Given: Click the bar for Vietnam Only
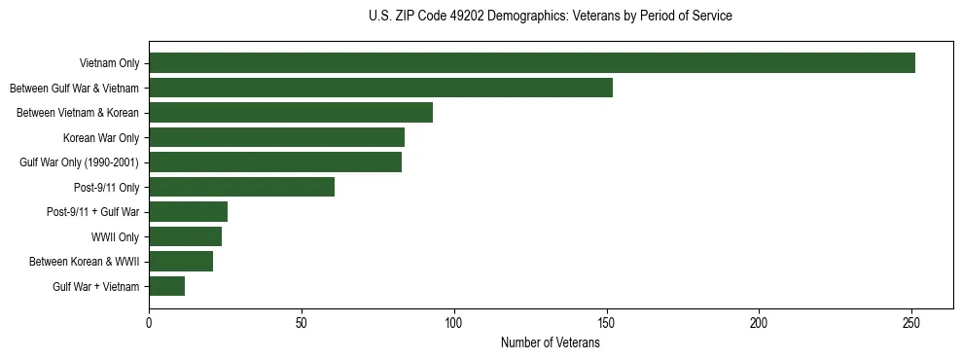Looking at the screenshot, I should tap(532, 63).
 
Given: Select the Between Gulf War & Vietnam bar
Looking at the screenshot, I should tap(380, 88).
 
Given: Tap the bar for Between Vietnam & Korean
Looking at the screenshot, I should tap(291, 113).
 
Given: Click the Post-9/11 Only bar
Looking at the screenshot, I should tap(242, 187).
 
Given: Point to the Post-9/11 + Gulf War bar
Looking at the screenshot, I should tap(189, 211).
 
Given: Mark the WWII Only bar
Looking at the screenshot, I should tap(186, 236).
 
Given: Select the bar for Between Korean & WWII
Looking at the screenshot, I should tap(181, 261).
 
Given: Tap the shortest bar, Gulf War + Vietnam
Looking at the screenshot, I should tap(167, 286).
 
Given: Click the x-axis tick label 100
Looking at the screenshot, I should tap(454, 322).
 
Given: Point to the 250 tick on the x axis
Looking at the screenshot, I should tap(911, 322).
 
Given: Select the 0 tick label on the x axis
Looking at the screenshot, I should tap(149, 322).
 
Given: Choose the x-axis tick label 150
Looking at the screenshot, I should tap(607, 322).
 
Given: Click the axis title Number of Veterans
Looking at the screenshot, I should tap(551, 343).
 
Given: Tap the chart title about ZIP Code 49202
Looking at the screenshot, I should tap(551, 17).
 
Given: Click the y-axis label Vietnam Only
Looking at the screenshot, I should tap(109, 64).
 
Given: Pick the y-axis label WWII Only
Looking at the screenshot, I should tap(115, 236).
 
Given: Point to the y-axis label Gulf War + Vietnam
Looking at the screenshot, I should tap(96, 286).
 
